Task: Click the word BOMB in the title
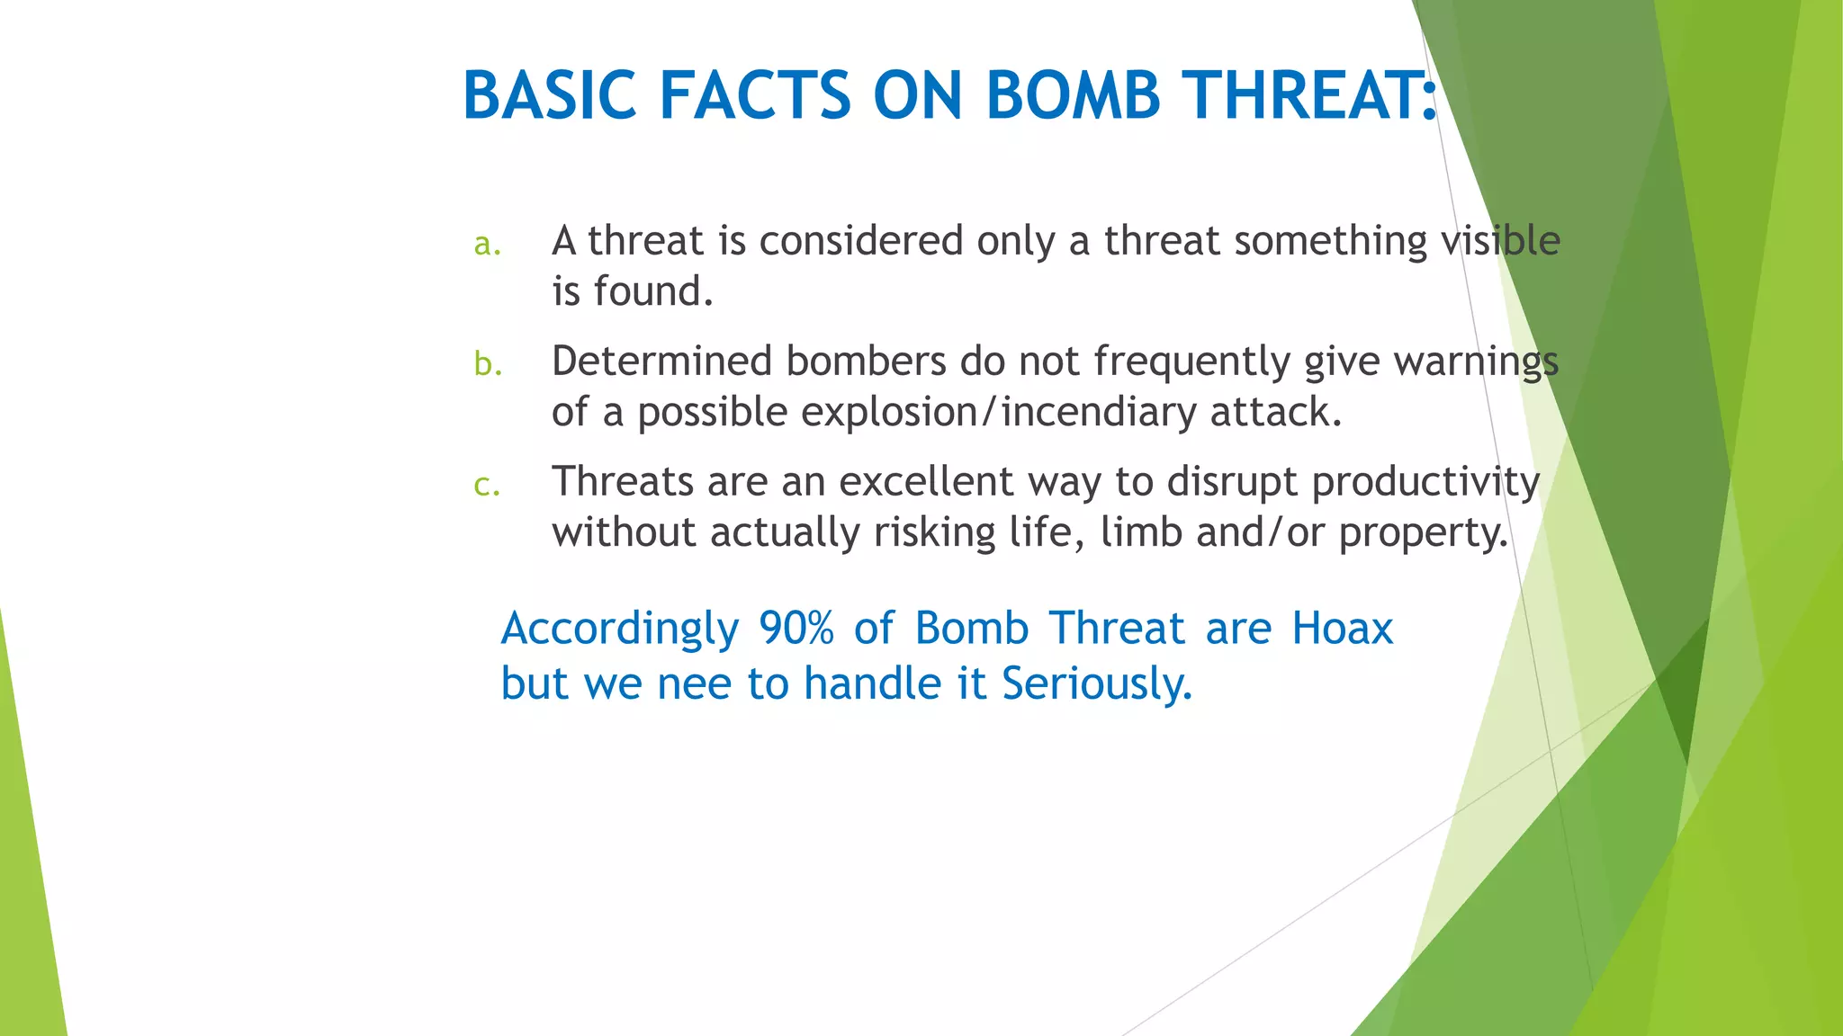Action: pos(1073,95)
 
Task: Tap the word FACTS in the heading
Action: pos(754,95)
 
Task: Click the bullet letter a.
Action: pos(487,244)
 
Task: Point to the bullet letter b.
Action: pos(487,363)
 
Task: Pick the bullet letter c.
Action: pos(486,485)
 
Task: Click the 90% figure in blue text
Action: pos(796,629)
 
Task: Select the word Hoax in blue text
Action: pos(1342,629)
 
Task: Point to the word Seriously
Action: pos(1096,684)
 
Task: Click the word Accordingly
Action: pos(620,630)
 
